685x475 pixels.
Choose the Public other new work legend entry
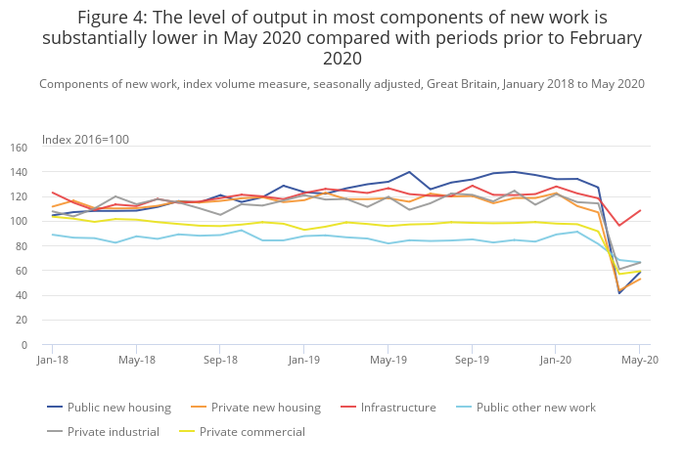click(x=535, y=408)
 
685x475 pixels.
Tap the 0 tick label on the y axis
click(x=23, y=345)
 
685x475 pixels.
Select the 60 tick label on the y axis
click(x=21, y=271)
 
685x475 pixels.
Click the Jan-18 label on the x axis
click(x=52, y=360)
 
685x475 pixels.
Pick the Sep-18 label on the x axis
click(x=220, y=360)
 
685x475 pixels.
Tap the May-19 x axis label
click(x=388, y=360)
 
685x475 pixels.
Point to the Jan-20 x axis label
click(x=556, y=360)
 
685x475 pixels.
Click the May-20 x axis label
click(x=639, y=360)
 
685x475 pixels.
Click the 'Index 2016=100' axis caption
click(x=85, y=140)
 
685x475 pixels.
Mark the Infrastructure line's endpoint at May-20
click(x=640, y=210)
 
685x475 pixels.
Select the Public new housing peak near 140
click(x=409, y=172)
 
